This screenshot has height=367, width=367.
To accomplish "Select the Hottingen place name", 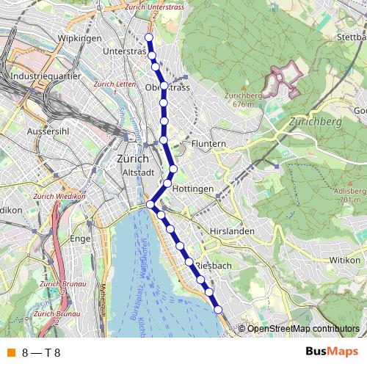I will pyautogui.click(x=194, y=189).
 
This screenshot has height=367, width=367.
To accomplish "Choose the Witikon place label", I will pyautogui.click(x=345, y=260).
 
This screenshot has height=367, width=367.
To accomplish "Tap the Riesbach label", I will pyautogui.click(x=215, y=264).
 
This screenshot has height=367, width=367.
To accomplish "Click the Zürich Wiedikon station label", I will pyautogui.click(x=61, y=197).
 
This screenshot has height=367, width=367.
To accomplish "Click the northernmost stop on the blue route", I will pyautogui.click(x=148, y=37).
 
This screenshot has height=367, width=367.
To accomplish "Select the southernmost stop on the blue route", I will pyautogui.click(x=218, y=310).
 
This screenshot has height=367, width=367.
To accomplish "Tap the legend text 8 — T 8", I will pyautogui.click(x=41, y=352).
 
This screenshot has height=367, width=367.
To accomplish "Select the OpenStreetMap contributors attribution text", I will pyautogui.click(x=303, y=329).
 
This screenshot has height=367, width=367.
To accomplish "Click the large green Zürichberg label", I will pyautogui.click(x=316, y=122).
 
